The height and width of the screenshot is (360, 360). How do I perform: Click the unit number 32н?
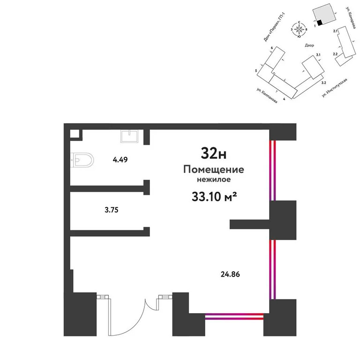click(214, 153)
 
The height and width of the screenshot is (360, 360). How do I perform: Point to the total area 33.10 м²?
click(214, 196)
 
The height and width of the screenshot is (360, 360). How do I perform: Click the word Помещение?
click(214, 169)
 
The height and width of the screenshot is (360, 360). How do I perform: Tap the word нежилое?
click(214, 179)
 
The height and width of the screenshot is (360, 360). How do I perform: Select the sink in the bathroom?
click(129, 136)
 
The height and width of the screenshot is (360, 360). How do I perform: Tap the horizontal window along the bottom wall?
click(234, 316)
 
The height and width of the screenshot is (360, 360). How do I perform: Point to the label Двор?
click(309, 46)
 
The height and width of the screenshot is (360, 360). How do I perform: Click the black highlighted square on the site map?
click(319, 22)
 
